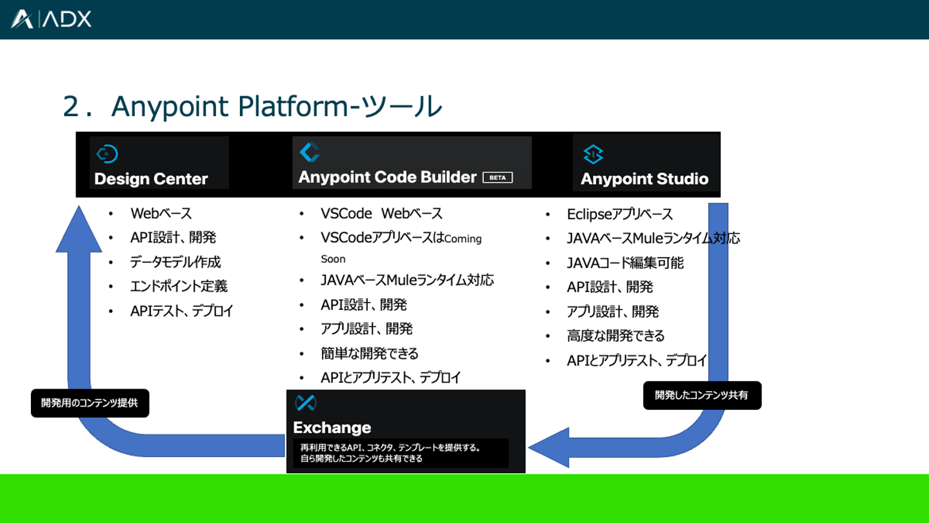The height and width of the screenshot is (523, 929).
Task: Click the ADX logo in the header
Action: (51, 19)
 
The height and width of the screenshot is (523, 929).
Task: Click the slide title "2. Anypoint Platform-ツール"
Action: (252, 107)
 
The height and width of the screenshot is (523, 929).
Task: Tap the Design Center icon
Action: (106, 154)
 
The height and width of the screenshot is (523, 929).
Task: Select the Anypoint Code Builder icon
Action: (310, 152)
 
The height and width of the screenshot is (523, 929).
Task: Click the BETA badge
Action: (497, 178)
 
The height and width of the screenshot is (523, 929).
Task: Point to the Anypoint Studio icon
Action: (593, 155)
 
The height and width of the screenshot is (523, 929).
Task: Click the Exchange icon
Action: (305, 403)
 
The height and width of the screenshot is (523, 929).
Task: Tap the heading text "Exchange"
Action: (332, 427)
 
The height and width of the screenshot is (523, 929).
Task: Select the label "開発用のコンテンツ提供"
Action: (90, 403)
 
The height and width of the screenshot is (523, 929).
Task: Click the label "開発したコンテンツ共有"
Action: (702, 395)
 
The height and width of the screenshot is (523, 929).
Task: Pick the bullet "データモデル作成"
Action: (175, 262)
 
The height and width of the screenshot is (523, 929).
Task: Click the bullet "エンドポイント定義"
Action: (179, 286)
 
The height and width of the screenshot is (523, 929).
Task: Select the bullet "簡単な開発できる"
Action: (369, 353)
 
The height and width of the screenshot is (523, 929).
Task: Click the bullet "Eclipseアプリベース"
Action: (619, 214)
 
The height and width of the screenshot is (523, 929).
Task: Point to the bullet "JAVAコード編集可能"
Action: (625, 263)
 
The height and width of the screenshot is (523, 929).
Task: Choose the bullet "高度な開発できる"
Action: (615, 336)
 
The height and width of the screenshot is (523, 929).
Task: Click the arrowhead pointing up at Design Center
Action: (79, 229)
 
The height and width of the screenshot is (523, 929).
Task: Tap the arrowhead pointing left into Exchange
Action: (548, 447)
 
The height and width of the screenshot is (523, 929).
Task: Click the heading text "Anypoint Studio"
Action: (644, 179)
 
